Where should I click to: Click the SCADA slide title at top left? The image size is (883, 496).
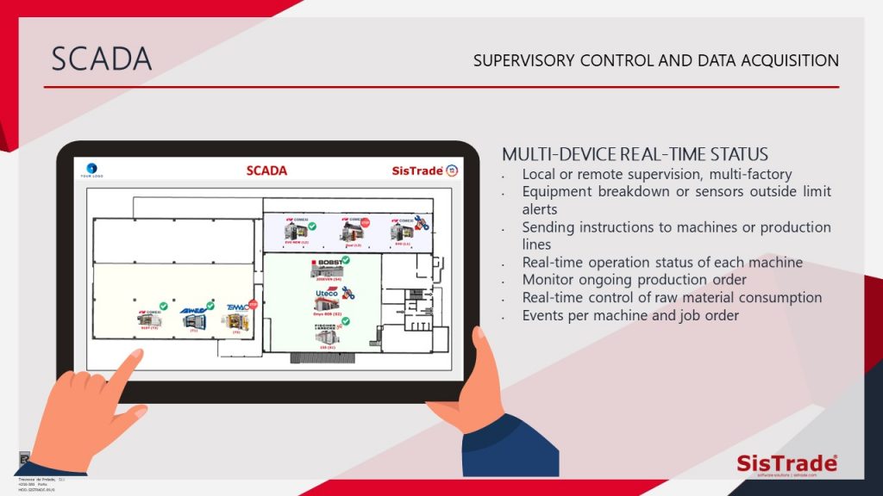coord(102,59)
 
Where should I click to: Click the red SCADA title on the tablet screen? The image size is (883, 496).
coord(266,170)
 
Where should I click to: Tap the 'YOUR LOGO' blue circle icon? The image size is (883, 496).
coord(92,168)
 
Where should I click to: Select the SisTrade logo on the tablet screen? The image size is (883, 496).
coord(417,170)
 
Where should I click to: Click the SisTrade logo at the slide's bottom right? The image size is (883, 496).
coord(786,463)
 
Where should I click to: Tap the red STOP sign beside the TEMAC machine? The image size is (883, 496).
coord(254,304)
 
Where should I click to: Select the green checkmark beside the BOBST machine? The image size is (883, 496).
coord(346,260)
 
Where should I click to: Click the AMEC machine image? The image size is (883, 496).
coord(191,320)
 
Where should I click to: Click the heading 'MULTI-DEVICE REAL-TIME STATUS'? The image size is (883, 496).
coord(635,155)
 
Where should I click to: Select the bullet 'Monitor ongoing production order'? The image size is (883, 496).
coord(634,280)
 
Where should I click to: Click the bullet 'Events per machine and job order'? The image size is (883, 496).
coord(631,315)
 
